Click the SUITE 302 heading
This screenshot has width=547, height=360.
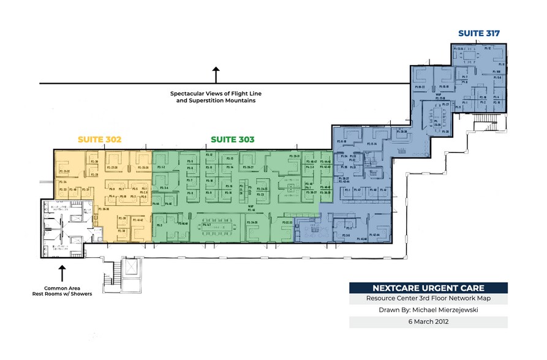click(99, 140)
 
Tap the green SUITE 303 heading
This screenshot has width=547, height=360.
click(232, 140)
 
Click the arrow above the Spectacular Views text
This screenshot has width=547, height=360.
click(216, 75)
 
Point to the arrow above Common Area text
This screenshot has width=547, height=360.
click(61, 271)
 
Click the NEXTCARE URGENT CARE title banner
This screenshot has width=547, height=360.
click(428, 288)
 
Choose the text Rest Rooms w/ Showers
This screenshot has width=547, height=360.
click(59, 294)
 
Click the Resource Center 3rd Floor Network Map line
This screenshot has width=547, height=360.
click(428, 299)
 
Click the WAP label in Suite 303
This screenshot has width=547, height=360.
click(251, 207)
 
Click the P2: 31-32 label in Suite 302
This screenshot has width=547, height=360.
click(64, 171)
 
